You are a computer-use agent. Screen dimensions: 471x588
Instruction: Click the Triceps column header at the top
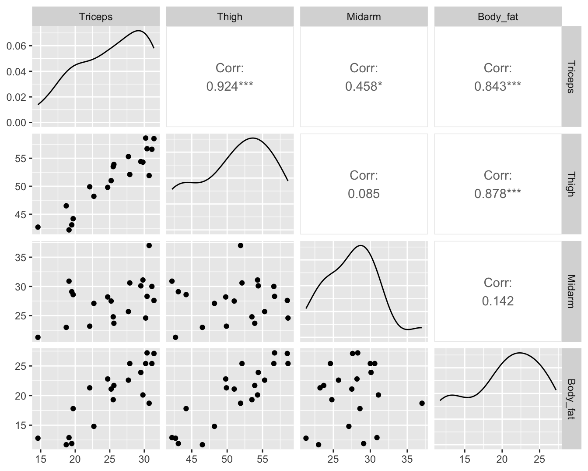pos(96,17)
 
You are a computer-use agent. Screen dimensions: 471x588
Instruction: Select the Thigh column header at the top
pos(230,17)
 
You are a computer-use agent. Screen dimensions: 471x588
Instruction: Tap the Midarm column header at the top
pos(364,17)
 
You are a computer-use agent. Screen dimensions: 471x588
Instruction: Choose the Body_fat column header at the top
pos(498,17)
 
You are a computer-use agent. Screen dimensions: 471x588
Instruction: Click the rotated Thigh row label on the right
pos(570,184)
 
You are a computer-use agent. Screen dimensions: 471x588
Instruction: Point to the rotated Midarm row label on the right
pos(570,291)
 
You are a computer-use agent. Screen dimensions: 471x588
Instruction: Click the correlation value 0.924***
pos(230,86)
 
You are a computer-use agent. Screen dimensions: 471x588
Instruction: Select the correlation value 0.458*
pos(364,86)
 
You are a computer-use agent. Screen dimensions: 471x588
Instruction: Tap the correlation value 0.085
pos(364,194)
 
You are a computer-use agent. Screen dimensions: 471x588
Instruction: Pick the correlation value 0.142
pos(498,301)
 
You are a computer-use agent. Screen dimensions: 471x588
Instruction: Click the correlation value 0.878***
pos(498,194)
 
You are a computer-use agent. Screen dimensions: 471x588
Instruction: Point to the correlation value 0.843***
pos(498,86)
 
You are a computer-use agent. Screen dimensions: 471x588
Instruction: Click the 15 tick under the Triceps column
pos(41,459)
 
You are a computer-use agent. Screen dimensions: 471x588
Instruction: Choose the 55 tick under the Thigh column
pos(262,459)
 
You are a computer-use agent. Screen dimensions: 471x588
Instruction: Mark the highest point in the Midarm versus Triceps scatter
pos(149,245)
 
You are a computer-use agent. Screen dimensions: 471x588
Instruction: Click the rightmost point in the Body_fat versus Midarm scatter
pos(422,403)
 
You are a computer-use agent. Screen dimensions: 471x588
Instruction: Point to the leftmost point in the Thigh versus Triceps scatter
pos(38,227)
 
